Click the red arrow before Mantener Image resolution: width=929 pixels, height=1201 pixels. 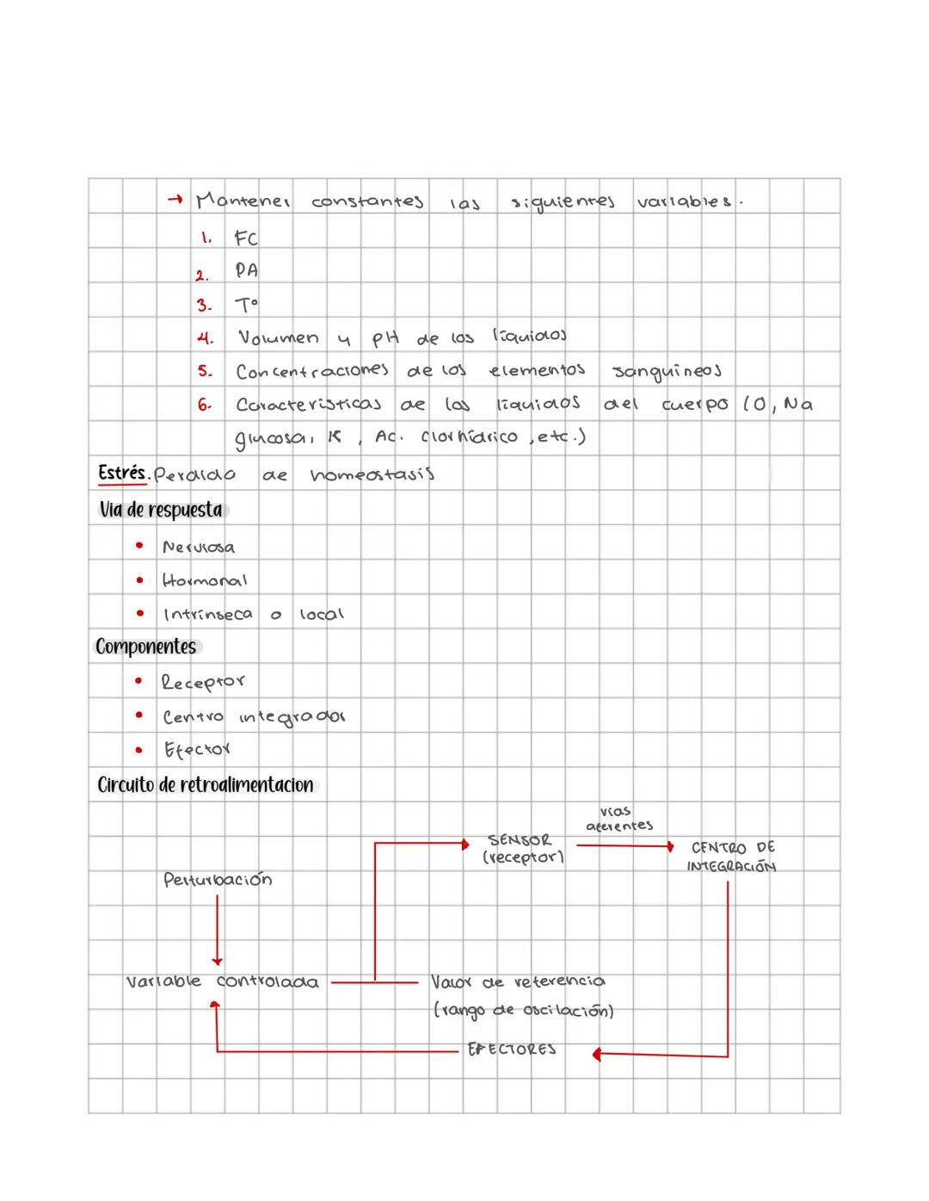click(175, 201)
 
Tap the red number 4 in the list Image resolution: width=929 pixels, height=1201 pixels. click(205, 338)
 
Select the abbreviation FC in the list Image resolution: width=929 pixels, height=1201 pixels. click(246, 238)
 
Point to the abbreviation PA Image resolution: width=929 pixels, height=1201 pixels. click(247, 270)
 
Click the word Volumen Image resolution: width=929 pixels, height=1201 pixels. click(278, 338)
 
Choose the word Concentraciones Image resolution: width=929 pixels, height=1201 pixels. click(311, 371)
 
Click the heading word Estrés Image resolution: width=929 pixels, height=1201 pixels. click(123, 473)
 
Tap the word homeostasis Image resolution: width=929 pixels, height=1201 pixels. click(372, 474)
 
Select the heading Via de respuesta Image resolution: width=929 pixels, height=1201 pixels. click(161, 510)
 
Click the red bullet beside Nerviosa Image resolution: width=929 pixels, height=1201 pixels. click(139, 546)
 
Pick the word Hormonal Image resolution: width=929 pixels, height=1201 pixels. click(205, 580)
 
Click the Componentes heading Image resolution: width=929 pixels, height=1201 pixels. click(145, 647)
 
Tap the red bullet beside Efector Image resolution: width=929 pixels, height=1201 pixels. click(138, 750)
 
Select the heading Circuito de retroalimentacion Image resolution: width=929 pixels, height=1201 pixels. click(205, 785)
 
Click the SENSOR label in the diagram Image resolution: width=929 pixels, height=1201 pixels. click(520, 839)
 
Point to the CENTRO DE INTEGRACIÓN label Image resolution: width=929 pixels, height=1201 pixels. click(731, 857)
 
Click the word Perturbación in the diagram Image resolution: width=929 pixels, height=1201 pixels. click(218, 880)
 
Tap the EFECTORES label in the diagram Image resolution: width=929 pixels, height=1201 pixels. click(512, 1049)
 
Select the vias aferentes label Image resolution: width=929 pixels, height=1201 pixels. click(618, 819)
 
